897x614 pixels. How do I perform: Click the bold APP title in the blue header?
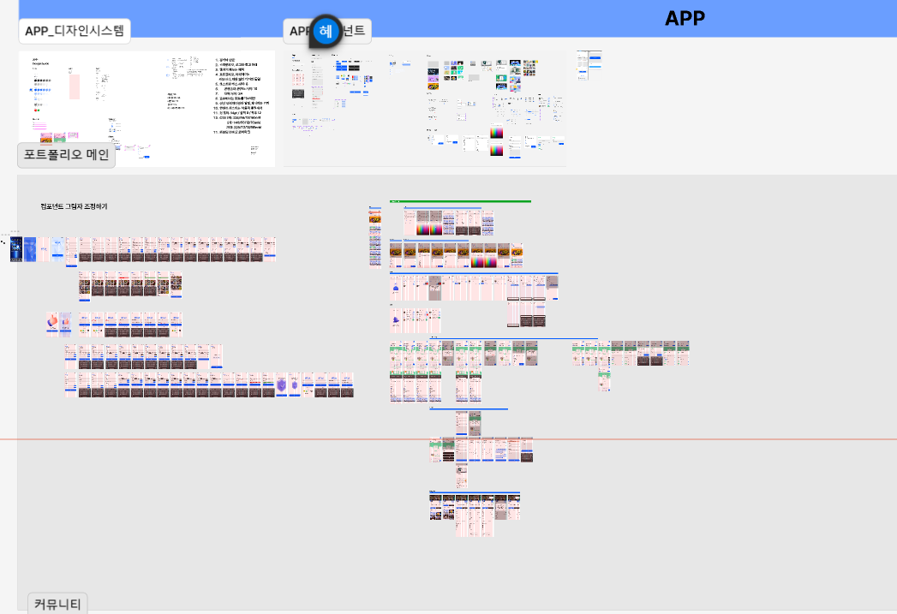point(685,18)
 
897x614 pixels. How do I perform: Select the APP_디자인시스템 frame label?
point(75,32)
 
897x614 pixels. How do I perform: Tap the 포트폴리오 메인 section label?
point(66,155)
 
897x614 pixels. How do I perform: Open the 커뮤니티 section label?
point(57,604)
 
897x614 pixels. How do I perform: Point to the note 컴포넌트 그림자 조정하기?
point(74,207)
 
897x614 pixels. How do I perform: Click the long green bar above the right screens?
point(460,201)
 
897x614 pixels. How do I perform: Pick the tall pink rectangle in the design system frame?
point(74,86)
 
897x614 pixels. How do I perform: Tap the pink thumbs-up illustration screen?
point(53,321)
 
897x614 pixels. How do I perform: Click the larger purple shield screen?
point(281,385)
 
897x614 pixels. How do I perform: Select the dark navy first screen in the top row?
point(15,249)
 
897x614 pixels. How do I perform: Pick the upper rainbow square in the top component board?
point(497,134)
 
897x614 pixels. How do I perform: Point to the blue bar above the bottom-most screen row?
point(475,492)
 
